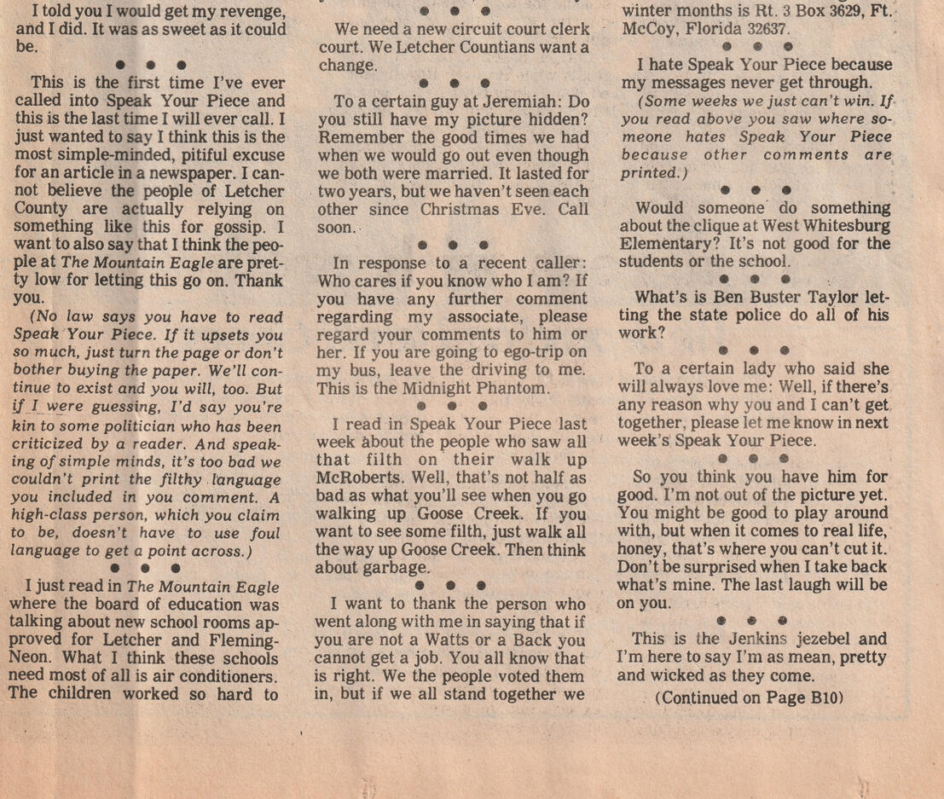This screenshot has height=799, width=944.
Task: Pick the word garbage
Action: (x=391, y=567)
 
